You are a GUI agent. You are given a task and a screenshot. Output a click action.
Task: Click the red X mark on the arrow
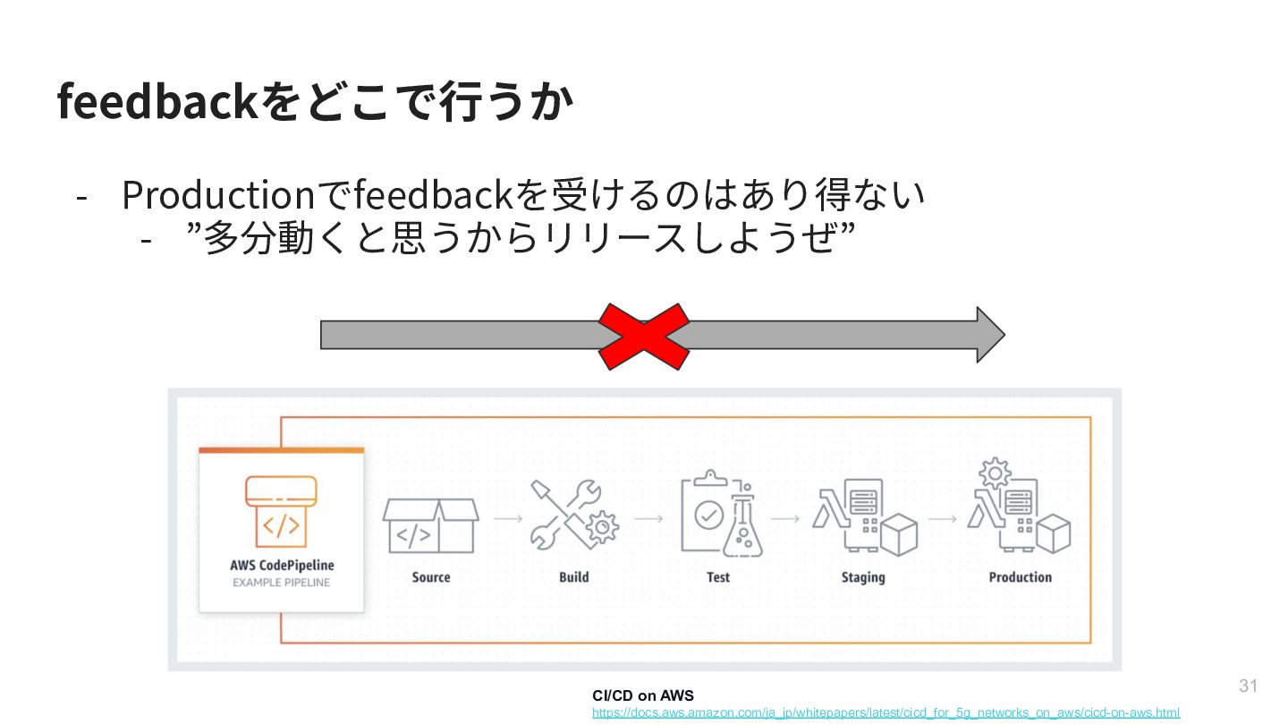[643, 336]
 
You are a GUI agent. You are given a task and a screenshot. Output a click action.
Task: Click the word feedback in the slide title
[157, 102]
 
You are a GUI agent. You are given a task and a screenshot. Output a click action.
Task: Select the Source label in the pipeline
[431, 577]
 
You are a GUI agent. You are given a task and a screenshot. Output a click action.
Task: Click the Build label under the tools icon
[574, 577]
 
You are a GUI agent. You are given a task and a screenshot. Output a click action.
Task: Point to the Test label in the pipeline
[718, 577]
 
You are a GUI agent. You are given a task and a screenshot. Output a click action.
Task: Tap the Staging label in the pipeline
[863, 577]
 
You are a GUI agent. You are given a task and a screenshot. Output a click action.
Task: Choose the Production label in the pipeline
[1020, 577]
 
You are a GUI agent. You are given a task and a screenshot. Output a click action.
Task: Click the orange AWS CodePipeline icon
[281, 511]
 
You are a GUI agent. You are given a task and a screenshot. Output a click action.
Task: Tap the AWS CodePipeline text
[282, 566]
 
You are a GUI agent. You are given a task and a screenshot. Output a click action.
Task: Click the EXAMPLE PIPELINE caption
[281, 583]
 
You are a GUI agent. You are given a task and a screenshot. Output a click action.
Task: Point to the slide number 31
[1248, 687]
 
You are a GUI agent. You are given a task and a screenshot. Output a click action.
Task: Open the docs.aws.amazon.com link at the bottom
[885, 712]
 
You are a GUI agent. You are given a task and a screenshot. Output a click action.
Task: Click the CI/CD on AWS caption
[642, 695]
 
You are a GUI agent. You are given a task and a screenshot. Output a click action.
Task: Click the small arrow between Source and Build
[508, 518]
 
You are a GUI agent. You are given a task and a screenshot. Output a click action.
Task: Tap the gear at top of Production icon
[995, 473]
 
